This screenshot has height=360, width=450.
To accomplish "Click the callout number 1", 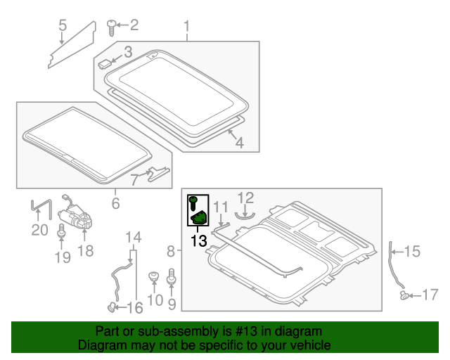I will pyautogui.click(x=187, y=27).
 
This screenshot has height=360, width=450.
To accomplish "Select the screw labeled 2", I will pyautogui.click(x=112, y=27).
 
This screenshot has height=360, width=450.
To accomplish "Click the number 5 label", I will pyautogui.click(x=63, y=27).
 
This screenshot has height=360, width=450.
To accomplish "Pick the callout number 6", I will pyautogui.click(x=115, y=204).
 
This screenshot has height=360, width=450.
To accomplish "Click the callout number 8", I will pyautogui.click(x=171, y=250).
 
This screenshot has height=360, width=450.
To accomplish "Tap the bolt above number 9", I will pyautogui.click(x=169, y=281).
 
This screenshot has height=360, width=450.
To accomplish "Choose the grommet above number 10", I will pyautogui.click(x=152, y=276).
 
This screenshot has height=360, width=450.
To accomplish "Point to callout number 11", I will pyautogui.click(x=221, y=207).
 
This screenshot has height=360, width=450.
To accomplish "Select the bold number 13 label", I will pyautogui.click(x=198, y=240).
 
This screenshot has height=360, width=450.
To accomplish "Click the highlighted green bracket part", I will pyautogui.click(x=200, y=218).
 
